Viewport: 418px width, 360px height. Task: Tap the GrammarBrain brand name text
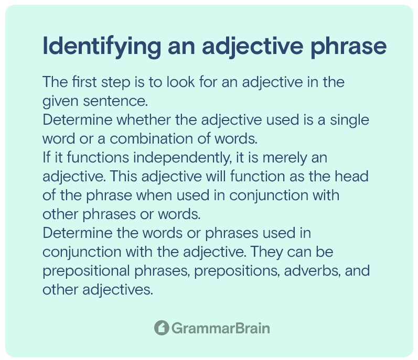[220, 329]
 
